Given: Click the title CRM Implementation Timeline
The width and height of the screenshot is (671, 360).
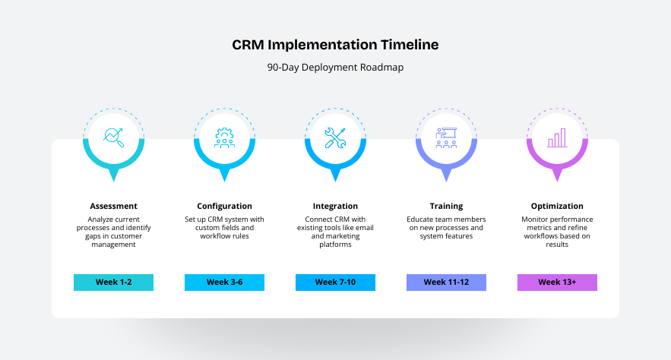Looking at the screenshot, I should (x=335, y=45).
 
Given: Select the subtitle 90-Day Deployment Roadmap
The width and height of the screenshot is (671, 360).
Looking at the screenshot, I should (x=335, y=67).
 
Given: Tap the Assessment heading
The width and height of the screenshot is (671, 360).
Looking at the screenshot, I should (x=113, y=206).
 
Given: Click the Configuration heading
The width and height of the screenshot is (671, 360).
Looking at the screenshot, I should (x=224, y=206).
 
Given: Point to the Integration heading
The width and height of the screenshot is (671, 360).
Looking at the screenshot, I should (x=335, y=206).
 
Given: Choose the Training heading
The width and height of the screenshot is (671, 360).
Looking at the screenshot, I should (x=446, y=206).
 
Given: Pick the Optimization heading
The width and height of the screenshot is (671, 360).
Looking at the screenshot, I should (x=557, y=206).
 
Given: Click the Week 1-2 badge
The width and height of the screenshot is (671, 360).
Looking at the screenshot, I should (x=113, y=283).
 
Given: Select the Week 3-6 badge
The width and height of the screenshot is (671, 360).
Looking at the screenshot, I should (x=224, y=283).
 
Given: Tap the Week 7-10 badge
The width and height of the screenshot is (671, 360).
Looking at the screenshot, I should (x=335, y=283).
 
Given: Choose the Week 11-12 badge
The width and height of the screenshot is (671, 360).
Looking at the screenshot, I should (x=446, y=283).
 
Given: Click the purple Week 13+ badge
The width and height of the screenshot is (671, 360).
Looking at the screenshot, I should (x=557, y=283).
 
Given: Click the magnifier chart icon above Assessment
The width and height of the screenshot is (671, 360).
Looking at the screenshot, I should (x=113, y=137).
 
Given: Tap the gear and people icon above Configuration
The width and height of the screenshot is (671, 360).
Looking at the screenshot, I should (x=224, y=137).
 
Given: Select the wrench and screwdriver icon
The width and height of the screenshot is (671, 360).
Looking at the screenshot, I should (x=335, y=137).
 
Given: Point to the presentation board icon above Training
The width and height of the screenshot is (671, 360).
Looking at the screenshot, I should (x=446, y=137).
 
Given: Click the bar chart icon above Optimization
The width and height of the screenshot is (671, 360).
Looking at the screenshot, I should (x=557, y=137).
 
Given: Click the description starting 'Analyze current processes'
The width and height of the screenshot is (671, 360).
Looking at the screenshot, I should (x=113, y=232).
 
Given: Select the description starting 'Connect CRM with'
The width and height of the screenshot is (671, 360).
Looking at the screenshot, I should (x=335, y=232).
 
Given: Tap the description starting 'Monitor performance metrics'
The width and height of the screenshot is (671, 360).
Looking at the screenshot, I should (x=557, y=232).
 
